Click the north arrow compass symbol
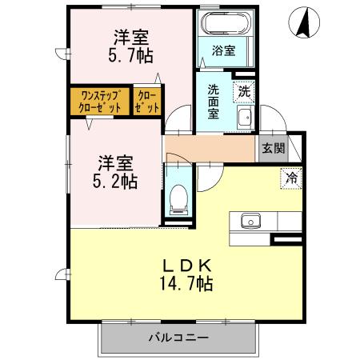pos(304,22)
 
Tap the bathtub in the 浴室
pos(223,24)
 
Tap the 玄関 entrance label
pos(271,147)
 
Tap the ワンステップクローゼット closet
pos(100,101)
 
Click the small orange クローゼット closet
pos(147,101)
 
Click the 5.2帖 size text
pos(116,181)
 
